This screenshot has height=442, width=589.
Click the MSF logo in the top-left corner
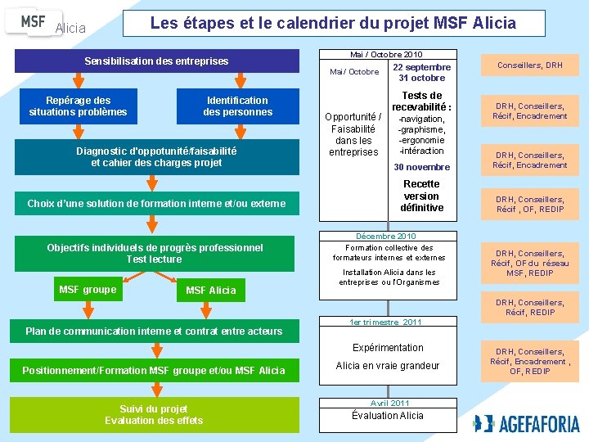34,21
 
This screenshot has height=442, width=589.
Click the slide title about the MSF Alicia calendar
333,23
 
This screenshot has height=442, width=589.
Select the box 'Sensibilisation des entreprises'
157,61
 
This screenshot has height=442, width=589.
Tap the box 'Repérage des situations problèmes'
79,106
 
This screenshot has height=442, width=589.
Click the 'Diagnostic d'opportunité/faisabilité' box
157,156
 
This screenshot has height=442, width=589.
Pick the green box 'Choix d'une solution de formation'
157,203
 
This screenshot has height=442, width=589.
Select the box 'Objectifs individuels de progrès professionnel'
155,254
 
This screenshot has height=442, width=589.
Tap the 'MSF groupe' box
88,290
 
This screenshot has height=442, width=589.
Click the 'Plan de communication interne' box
155,331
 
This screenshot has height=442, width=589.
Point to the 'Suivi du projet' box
154,415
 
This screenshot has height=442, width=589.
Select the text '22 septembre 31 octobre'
421,72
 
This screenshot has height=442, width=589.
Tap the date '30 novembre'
421,167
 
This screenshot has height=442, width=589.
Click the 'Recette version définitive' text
421,196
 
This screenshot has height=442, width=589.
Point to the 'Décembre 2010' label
386,236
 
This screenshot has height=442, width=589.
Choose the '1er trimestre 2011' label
386,322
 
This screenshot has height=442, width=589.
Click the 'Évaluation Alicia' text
388,416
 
